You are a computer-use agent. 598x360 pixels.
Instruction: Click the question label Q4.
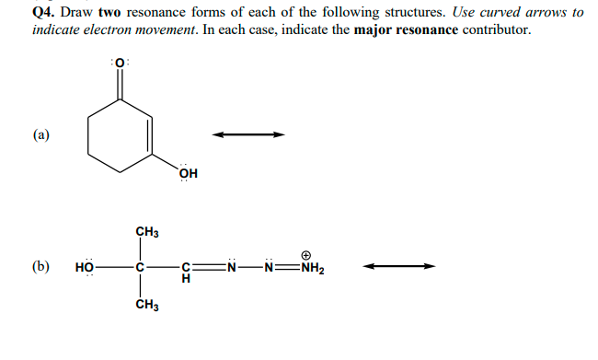point(44,12)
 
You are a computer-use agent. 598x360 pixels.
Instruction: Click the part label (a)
point(42,135)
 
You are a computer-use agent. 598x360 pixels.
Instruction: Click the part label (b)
point(41,268)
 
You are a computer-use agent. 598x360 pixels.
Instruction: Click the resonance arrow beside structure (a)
point(248,135)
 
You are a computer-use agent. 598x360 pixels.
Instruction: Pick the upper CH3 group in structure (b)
point(145,230)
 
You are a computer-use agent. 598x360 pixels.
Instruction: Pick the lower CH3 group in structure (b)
point(145,307)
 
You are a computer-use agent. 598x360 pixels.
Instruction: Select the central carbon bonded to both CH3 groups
point(142,268)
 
